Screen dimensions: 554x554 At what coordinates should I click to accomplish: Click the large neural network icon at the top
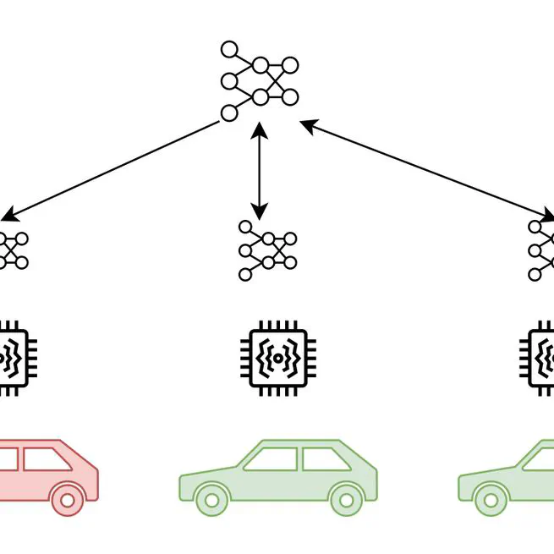click(x=260, y=81)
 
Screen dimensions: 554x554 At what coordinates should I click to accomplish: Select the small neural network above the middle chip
click(x=267, y=251)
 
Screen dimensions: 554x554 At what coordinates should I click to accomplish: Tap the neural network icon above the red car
click(x=12, y=250)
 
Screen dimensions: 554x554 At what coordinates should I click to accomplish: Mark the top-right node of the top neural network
click(x=290, y=64)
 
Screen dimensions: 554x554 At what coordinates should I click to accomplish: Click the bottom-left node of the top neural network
click(x=228, y=113)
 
